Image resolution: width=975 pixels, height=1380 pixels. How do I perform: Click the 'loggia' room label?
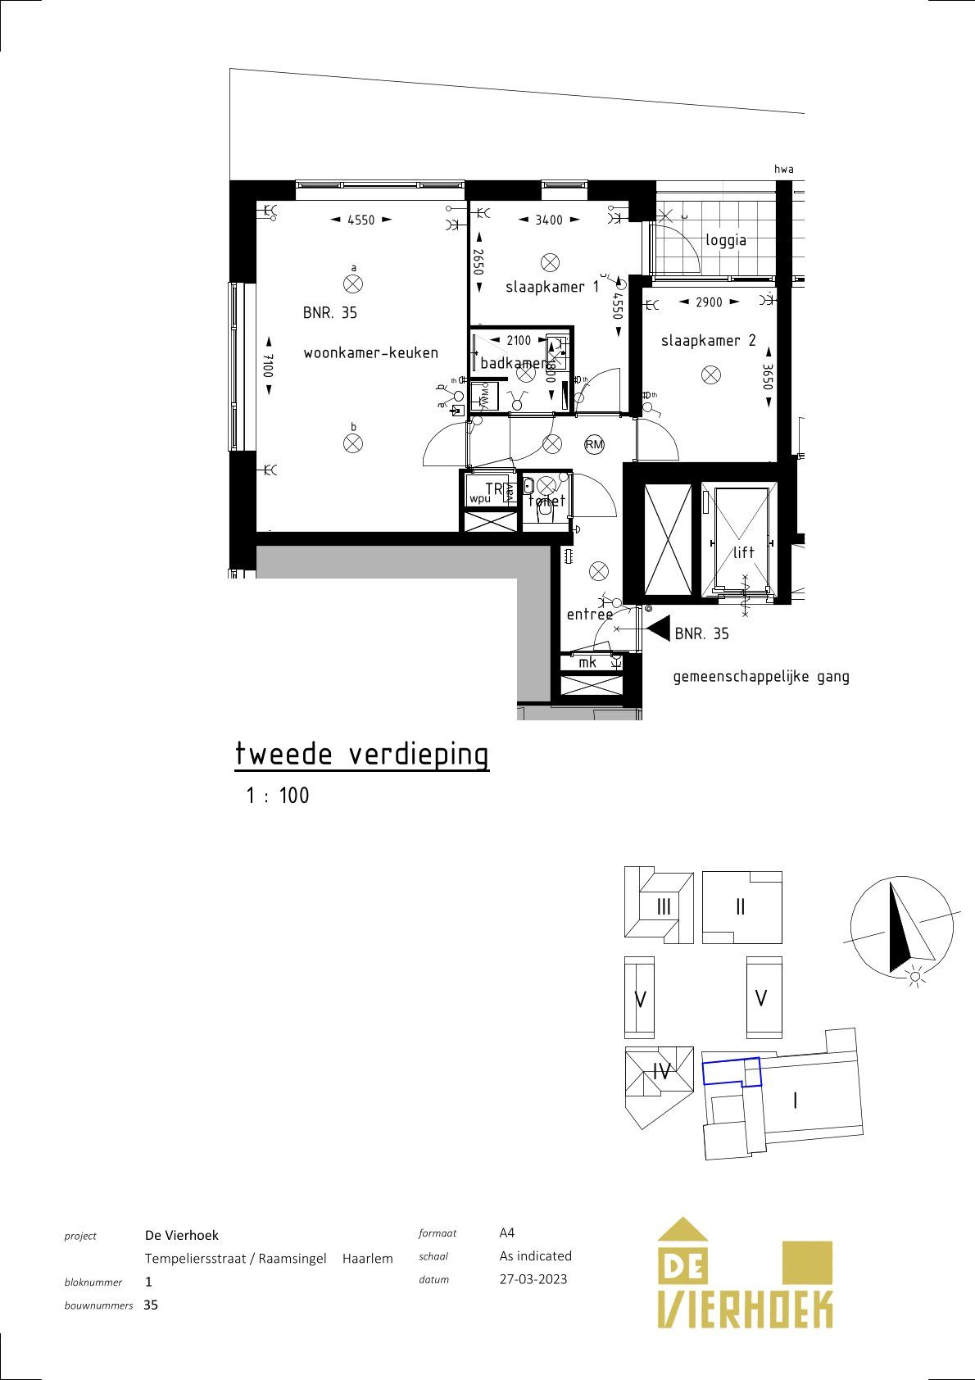[725, 240]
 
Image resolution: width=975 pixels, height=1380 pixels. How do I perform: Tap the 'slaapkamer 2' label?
[708, 340]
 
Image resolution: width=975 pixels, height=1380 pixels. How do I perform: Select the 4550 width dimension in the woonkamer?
[361, 220]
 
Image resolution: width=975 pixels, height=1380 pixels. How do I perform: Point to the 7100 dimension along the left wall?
[268, 365]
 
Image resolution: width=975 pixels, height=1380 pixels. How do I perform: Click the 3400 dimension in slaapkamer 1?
[549, 220]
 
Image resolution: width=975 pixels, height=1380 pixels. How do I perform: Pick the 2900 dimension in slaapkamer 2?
[709, 302]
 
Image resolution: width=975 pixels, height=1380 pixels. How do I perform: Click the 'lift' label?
[743, 552]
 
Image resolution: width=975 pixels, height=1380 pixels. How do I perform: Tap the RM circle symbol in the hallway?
[594, 445]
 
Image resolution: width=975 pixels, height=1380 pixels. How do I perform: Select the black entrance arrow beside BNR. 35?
[658, 629]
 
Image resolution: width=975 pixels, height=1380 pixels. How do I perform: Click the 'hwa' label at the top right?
[783, 170]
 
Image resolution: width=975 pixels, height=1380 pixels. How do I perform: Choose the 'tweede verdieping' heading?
[361, 754]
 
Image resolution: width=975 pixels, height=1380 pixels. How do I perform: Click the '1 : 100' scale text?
[278, 796]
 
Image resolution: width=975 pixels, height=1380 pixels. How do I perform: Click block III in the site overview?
[664, 907]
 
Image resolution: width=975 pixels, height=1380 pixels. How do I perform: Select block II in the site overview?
[740, 907]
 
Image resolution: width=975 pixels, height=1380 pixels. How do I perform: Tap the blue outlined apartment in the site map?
[731, 1071]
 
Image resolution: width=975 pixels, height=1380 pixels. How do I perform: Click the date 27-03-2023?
[533, 1279]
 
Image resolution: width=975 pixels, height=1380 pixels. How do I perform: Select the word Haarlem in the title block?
[367, 1258]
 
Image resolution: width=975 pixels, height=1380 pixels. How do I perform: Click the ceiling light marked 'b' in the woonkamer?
[353, 443]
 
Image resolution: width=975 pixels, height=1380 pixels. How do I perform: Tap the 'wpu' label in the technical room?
[479, 498]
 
